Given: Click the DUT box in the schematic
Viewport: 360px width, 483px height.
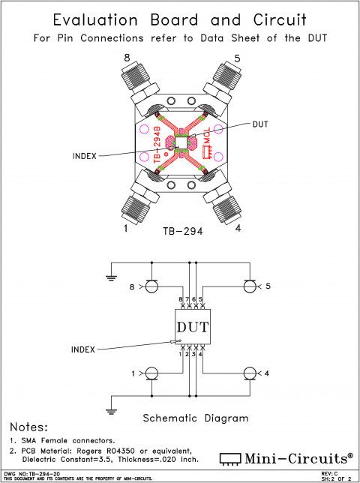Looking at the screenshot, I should pyautogui.click(x=193, y=326).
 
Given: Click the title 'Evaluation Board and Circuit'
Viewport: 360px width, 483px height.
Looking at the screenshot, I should pyautogui.click(x=180, y=20).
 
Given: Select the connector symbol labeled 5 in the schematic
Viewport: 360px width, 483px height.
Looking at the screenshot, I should pyautogui.click(x=249, y=286).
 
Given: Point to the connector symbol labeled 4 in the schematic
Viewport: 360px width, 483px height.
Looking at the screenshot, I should pyautogui.click(x=249, y=373).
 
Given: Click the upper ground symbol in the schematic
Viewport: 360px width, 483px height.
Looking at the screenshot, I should pyautogui.click(x=112, y=277).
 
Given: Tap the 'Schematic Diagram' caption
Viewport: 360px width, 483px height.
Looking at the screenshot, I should pyautogui.click(x=195, y=418).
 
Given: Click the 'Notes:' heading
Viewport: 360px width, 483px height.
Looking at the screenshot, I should pyautogui.click(x=28, y=426).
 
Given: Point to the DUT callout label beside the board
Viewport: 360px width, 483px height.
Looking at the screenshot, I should pyautogui.click(x=261, y=124).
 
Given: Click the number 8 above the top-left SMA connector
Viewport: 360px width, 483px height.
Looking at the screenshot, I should pyautogui.click(x=126, y=58).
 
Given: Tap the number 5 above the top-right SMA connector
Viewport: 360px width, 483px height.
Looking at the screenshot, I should pyautogui.click(x=237, y=58).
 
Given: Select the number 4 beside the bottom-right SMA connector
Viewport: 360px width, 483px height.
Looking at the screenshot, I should pyautogui.click(x=237, y=229).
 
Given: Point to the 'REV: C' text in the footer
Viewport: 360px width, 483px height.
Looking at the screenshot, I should pyautogui.click(x=329, y=473).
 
